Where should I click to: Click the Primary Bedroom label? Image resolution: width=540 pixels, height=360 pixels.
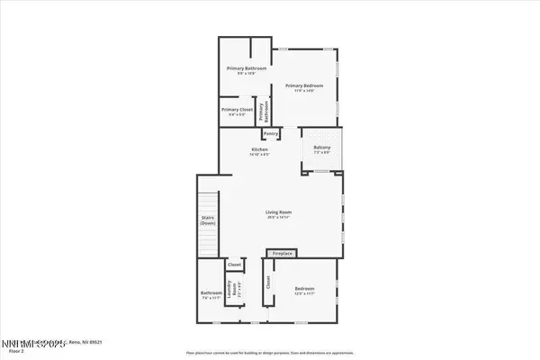(x=303, y=85)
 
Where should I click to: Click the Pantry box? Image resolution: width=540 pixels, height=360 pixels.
(x=271, y=134)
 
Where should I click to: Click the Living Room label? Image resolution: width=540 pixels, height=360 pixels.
(x=278, y=212)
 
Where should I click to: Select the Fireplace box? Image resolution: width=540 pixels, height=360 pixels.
(x=283, y=254)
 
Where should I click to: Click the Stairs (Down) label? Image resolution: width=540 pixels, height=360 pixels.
(x=207, y=220)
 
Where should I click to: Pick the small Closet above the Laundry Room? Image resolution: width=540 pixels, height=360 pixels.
(x=234, y=265)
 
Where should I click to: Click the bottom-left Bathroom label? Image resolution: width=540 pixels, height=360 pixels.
(x=211, y=292)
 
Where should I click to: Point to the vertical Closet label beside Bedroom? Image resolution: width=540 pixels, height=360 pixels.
(x=268, y=283)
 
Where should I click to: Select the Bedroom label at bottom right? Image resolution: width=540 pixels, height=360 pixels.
(x=303, y=288)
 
